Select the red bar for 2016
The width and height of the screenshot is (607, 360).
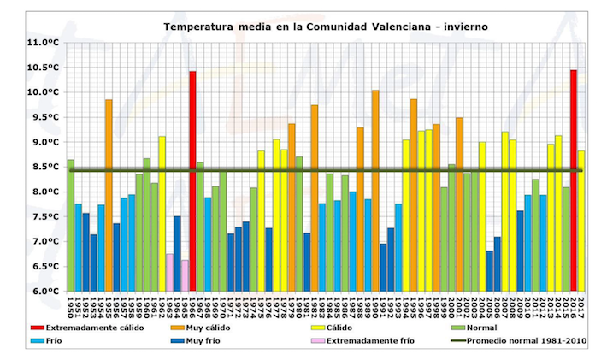click(x=574, y=180)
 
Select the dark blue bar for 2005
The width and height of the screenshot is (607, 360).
click(x=490, y=270)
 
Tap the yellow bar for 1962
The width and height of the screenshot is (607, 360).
click(x=162, y=213)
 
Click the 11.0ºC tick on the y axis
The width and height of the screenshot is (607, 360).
click(x=41, y=42)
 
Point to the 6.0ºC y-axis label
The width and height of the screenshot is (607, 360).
click(x=42, y=292)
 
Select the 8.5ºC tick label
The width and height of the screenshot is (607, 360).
click(x=42, y=167)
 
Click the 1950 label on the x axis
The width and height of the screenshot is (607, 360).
click(x=71, y=306)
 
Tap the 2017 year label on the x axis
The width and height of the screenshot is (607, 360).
click(x=581, y=306)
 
